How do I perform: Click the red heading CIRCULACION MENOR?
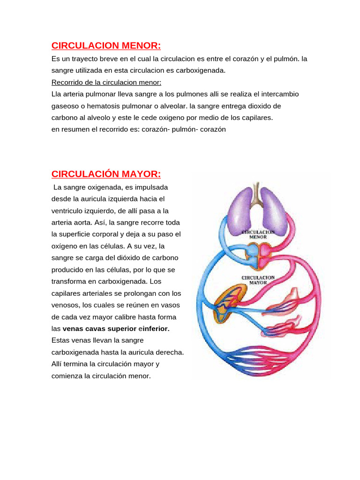pos(106,45)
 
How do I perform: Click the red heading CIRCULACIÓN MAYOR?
pos(106,174)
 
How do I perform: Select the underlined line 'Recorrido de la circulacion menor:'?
pos(106,82)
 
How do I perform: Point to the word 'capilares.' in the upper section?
pos(256,118)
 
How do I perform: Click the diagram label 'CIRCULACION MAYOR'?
pos(258,280)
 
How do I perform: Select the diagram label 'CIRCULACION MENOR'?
pos(258,234)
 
